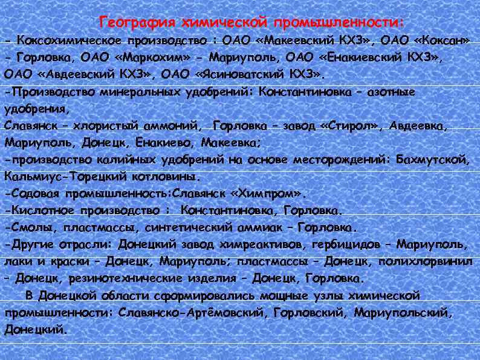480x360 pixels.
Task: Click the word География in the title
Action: pyautogui.click(x=135, y=23)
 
